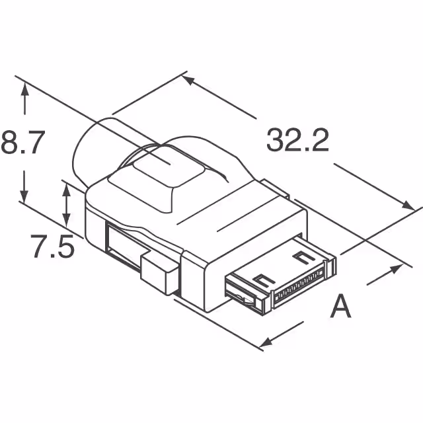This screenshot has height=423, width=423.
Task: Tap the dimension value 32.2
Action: point(297,140)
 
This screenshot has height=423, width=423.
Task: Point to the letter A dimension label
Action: point(340,306)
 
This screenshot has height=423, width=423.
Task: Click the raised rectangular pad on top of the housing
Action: point(159,181)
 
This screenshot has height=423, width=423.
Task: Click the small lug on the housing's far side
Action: point(274,189)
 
